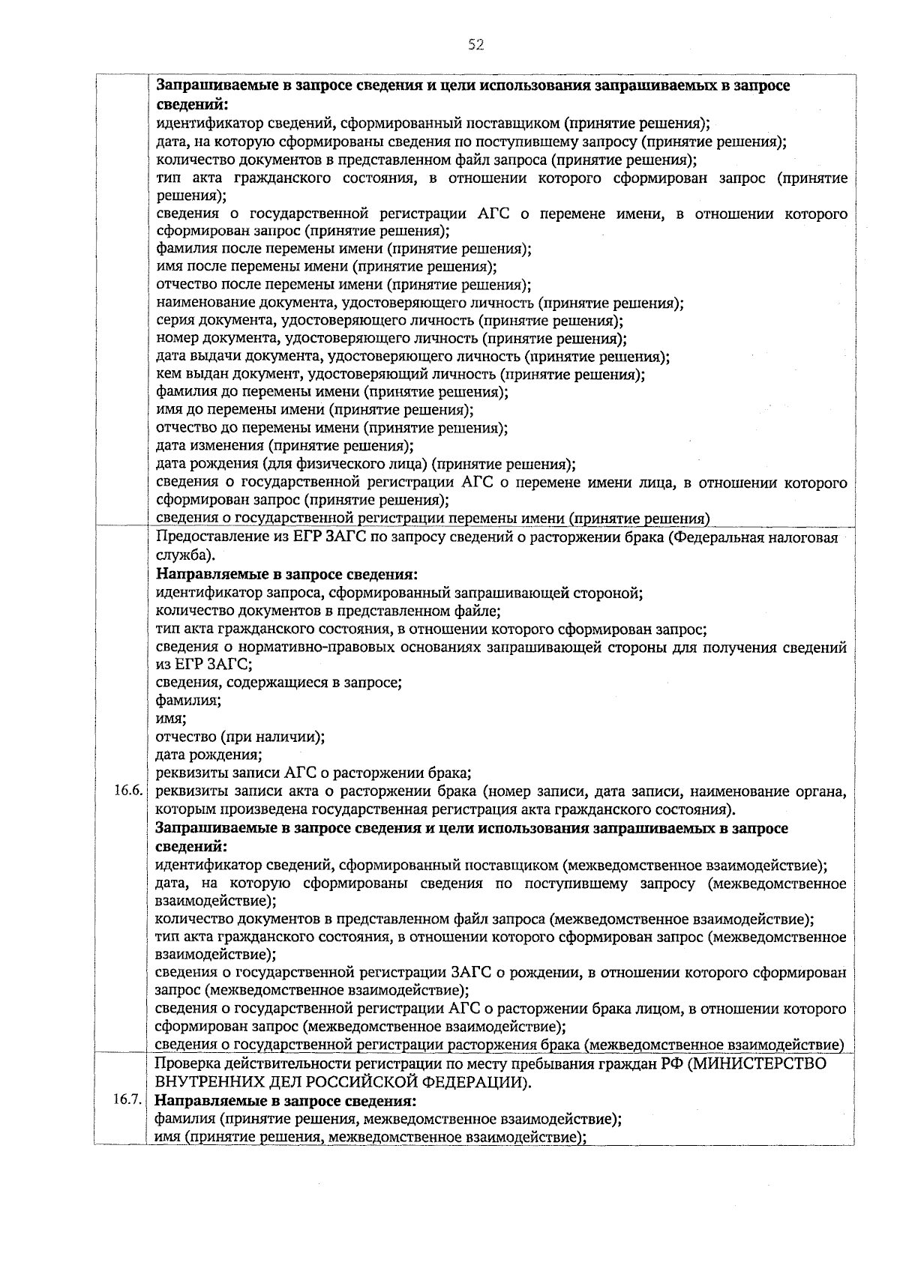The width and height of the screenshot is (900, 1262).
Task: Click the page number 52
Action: click(x=476, y=45)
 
